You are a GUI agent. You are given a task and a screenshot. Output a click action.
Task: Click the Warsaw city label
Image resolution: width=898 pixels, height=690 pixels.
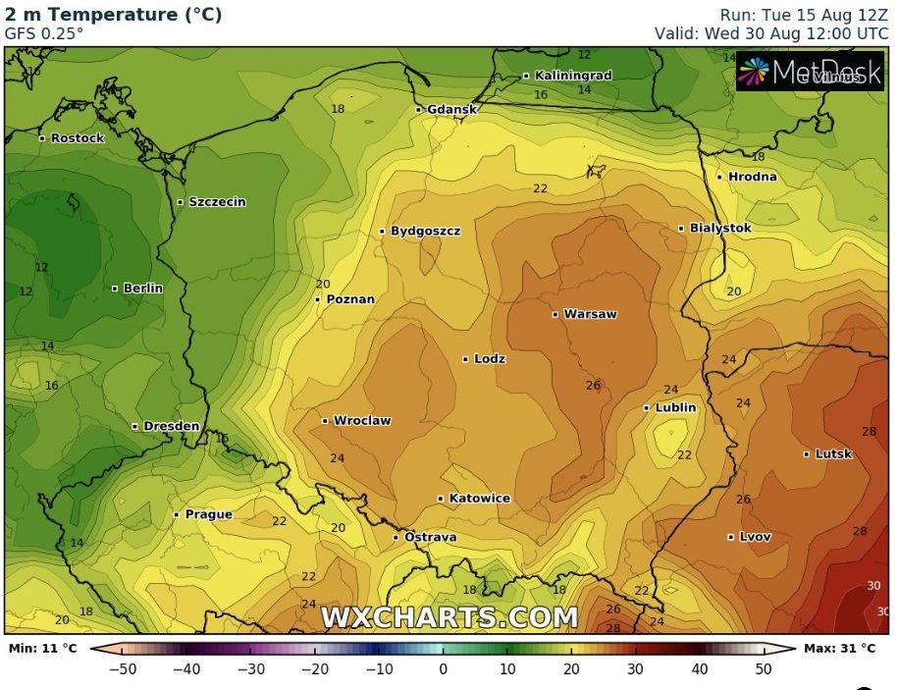pyautogui.click(x=590, y=314)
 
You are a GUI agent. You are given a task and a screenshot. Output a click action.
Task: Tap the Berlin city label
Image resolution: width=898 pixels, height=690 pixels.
pyautogui.click(x=142, y=289)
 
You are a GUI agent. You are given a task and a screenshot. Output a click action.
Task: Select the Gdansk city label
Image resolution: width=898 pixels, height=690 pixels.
pyautogui.click(x=451, y=109)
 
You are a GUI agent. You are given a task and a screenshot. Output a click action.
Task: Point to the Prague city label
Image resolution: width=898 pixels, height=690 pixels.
pyautogui.click(x=208, y=514)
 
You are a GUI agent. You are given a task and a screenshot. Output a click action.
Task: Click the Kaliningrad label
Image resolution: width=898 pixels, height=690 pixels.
pyautogui.click(x=572, y=76)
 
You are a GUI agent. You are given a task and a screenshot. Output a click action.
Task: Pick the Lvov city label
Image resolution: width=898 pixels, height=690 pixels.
pyautogui.click(x=755, y=537)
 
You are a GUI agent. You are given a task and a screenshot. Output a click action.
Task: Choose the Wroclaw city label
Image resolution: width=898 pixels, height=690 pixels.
pyautogui.click(x=362, y=421)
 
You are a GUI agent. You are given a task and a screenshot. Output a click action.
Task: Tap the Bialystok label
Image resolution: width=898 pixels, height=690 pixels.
pyautogui.click(x=720, y=228)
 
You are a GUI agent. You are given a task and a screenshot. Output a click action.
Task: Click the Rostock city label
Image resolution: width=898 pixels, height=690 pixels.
pyautogui.click(x=77, y=138)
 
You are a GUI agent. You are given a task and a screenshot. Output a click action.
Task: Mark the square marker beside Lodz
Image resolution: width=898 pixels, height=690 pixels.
pyautogui.click(x=465, y=359)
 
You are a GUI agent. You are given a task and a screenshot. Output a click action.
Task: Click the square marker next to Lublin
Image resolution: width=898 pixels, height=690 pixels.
pyautogui.click(x=647, y=407)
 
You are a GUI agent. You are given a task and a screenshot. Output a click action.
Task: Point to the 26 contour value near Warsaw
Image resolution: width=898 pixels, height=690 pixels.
pyautogui.click(x=593, y=386)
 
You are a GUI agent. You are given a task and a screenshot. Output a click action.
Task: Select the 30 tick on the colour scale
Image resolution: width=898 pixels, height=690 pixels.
pyautogui.click(x=635, y=669)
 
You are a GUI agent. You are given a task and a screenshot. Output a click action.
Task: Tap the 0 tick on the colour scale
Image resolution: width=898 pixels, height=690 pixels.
pyautogui.click(x=443, y=669)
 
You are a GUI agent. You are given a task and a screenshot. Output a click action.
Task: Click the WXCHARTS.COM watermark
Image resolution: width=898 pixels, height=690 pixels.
pyautogui.click(x=449, y=617)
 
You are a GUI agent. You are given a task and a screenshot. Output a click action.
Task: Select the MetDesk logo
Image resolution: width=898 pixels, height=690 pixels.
pyautogui.click(x=810, y=72)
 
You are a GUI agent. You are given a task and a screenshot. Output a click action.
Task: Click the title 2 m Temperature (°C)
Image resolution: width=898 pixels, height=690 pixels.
pyautogui.click(x=113, y=15)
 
